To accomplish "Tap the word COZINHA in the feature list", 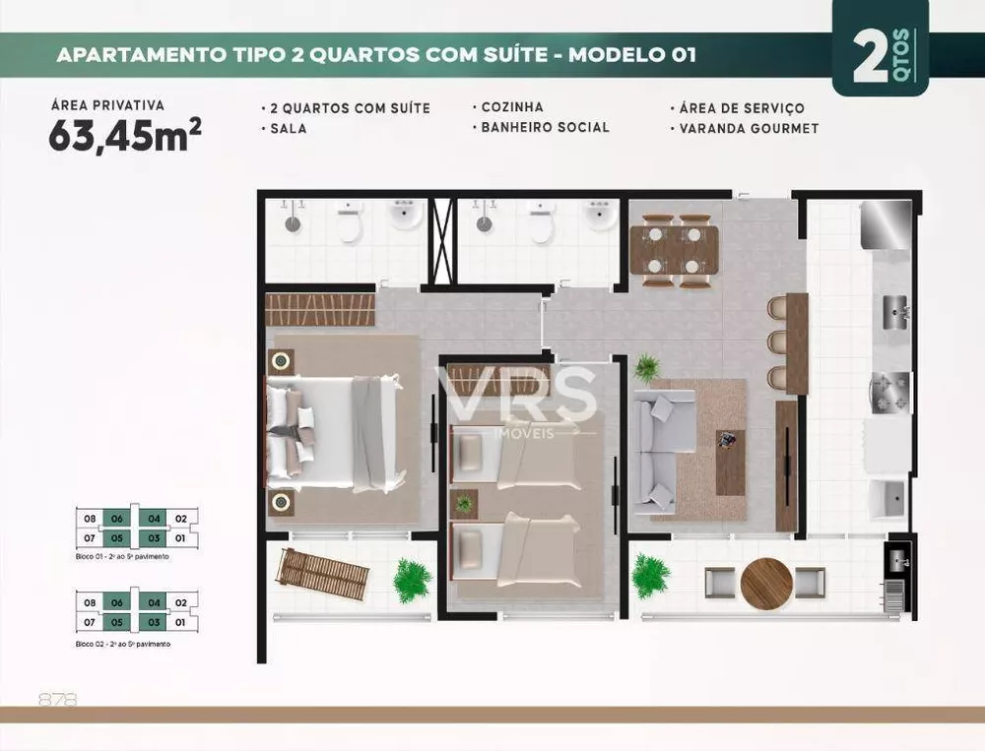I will click(x=511, y=107).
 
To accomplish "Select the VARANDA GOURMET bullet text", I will click(x=748, y=128).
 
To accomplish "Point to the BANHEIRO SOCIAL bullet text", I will click(x=545, y=127).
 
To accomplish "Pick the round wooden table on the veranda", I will click(x=766, y=584).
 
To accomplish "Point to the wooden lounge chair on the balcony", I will click(x=323, y=575).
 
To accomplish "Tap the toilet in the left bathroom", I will click(x=348, y=225).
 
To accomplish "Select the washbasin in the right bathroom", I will click(x=599, y=215).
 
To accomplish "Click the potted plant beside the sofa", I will click(x=646, y=368).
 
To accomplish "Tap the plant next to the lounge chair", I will click(x=412, y=581).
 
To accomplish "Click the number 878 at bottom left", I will click(x=57, y=700).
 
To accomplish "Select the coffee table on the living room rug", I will click(x=730, y=461).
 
